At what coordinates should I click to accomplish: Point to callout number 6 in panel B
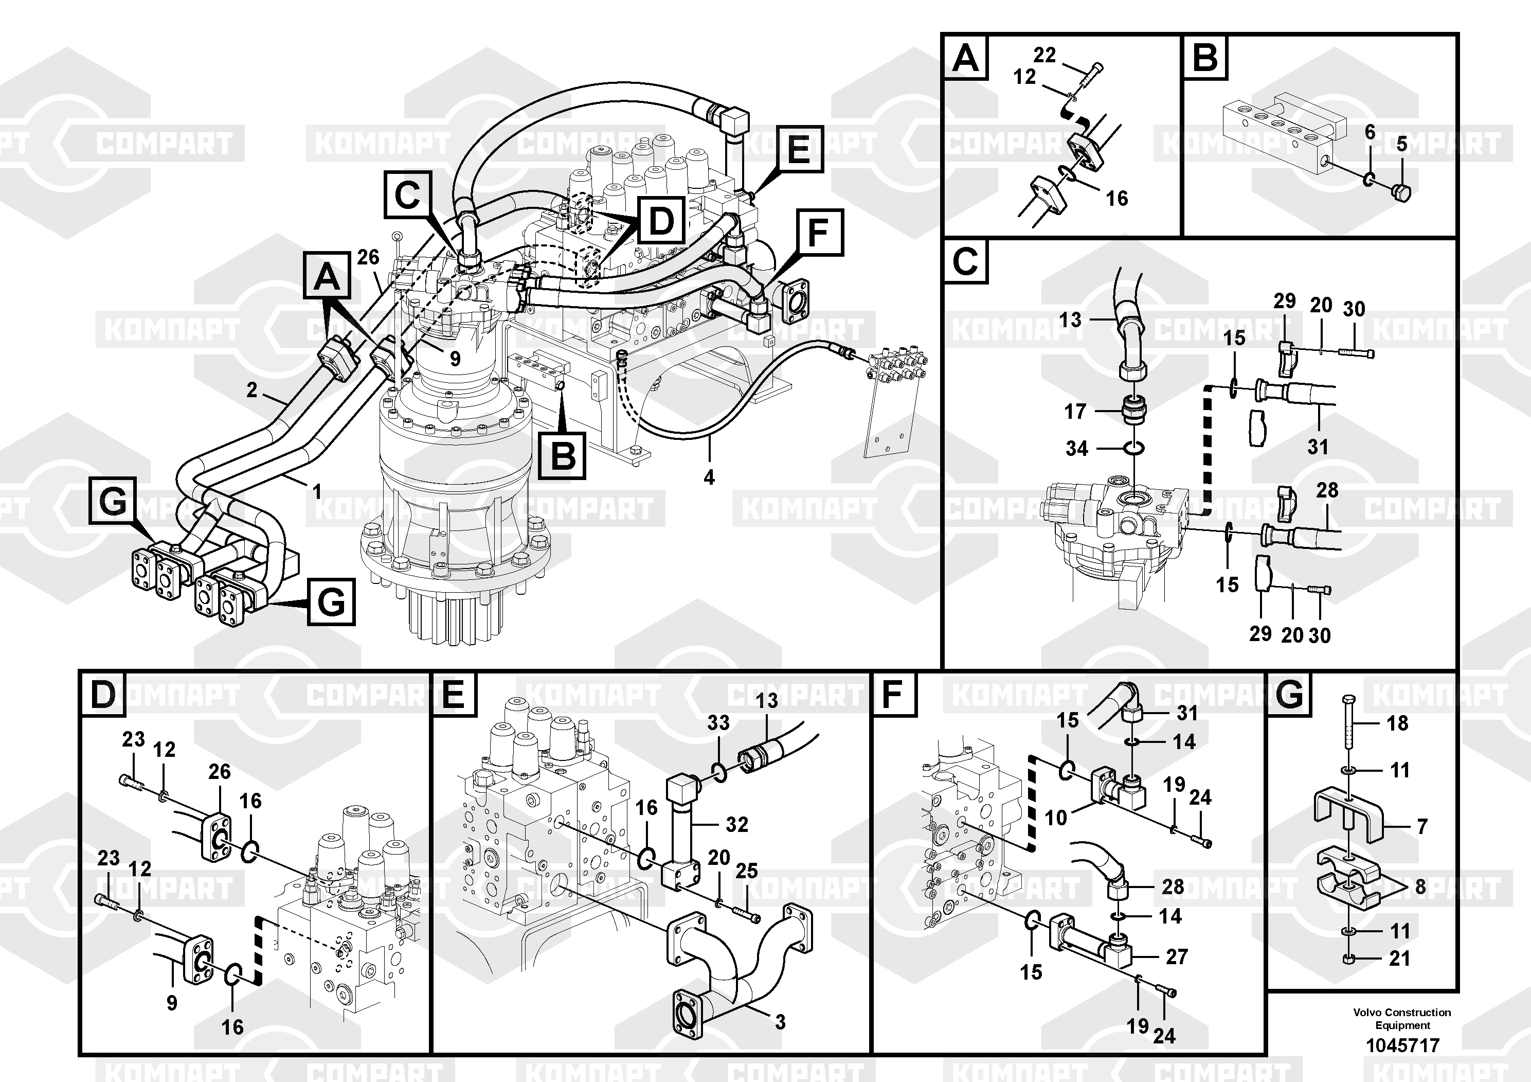1370,132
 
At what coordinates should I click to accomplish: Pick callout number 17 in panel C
1075,412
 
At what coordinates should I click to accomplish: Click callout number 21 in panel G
1400,959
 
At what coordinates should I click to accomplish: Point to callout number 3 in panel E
780,1022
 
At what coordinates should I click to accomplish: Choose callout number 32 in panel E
737,825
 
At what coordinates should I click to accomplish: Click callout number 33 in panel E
718,722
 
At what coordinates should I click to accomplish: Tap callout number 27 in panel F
1176,956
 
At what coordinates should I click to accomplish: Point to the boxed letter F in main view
818,233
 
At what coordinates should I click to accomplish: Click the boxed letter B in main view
563,456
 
